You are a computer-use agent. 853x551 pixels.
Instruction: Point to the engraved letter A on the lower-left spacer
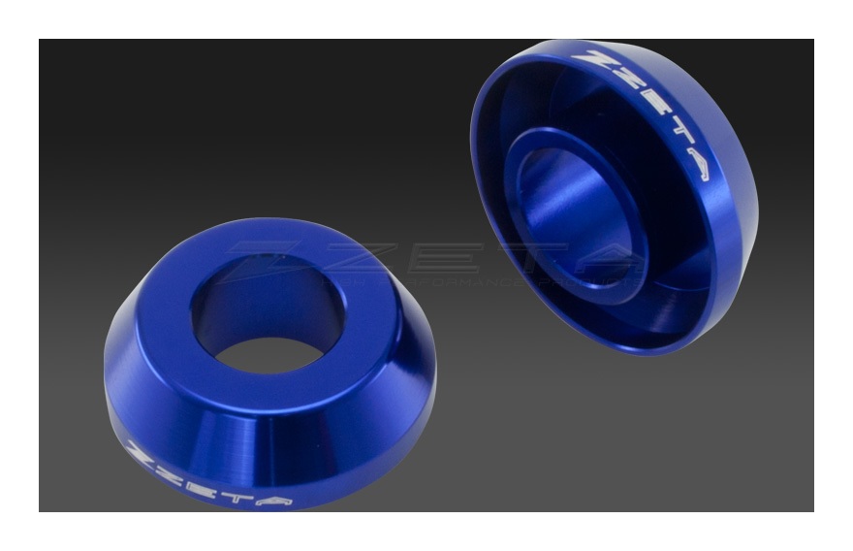tap(274, 500)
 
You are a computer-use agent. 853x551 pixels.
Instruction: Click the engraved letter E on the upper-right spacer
tap(656, 105)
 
